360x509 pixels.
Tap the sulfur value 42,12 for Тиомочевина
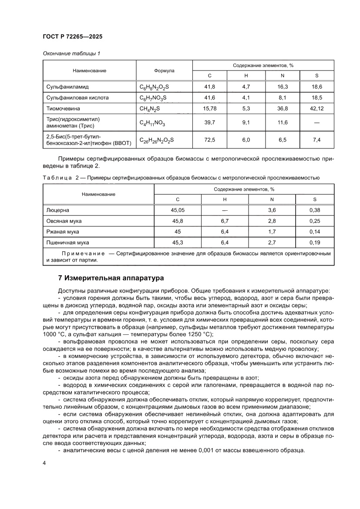coord(316,108)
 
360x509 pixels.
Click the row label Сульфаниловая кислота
coord(77,98)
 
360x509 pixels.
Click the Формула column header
coord(164,71)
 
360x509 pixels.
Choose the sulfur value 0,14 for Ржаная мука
coord(315,232)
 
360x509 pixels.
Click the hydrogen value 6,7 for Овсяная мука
coord(225,221)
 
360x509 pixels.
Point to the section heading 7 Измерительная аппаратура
coord(111,277)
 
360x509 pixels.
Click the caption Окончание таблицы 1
coord(71,53)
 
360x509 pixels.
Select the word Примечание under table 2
coord(83,253)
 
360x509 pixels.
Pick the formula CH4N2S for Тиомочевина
coord(150,108)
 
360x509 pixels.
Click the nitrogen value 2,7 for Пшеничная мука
coord(272,242)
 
